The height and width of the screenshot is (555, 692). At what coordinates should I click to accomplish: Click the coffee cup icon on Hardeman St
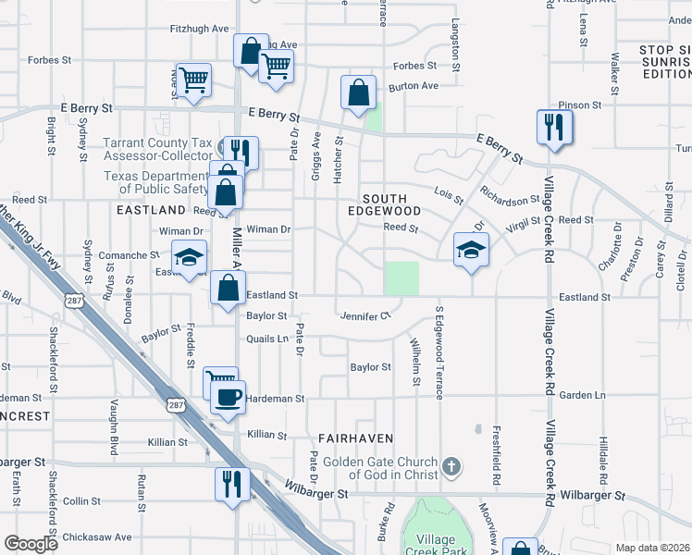227,398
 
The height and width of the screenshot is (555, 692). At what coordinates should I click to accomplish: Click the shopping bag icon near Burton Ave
358,92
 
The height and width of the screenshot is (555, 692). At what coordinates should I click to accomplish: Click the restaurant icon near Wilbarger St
231,483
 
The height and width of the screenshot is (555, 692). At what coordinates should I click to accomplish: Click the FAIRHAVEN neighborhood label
355,438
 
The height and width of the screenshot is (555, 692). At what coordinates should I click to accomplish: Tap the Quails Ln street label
267,339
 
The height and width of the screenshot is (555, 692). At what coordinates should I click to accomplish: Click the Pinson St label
580,105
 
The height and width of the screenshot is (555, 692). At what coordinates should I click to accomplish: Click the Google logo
31,544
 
